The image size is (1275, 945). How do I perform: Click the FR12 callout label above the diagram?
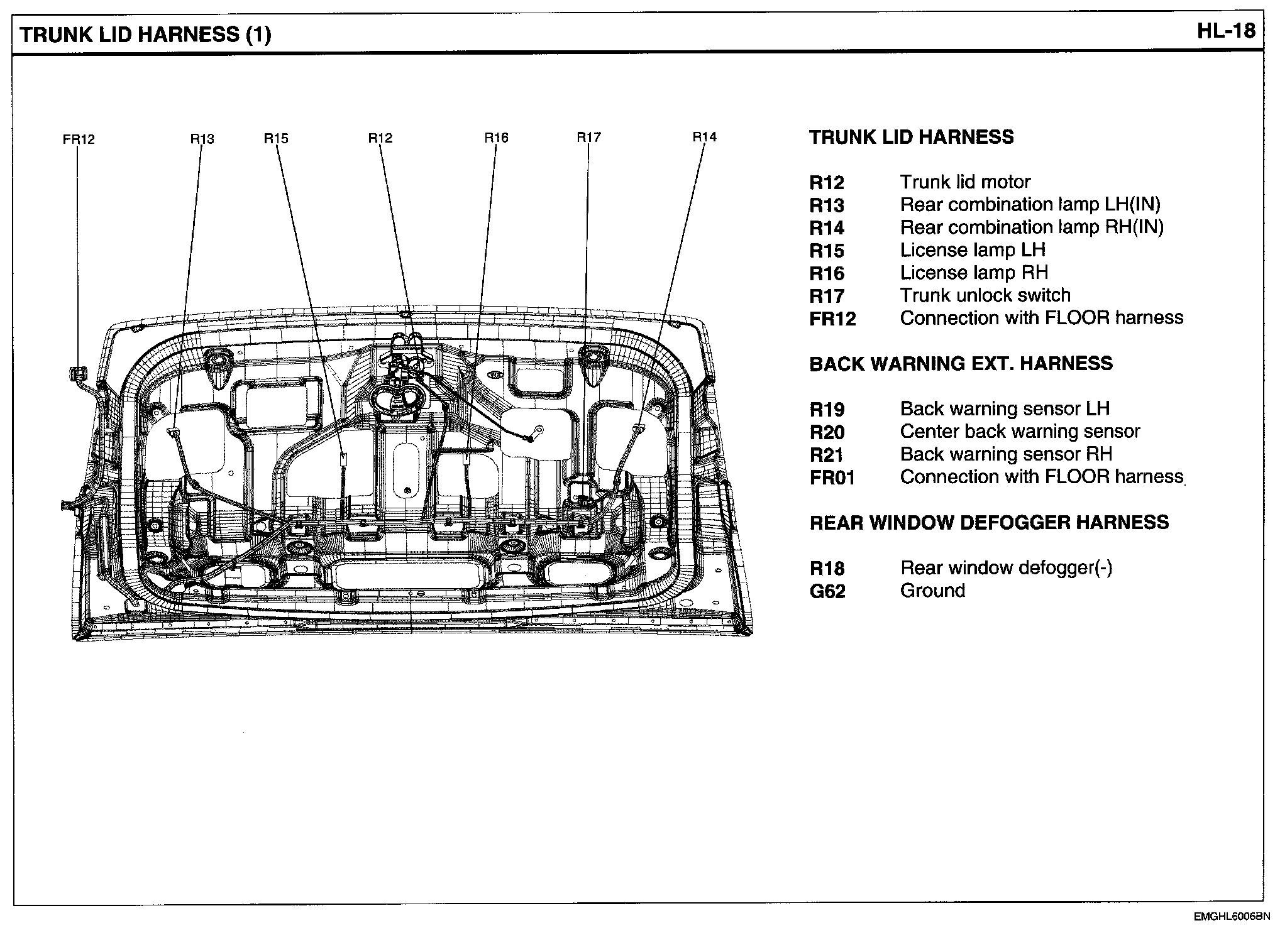[x=79, y=139]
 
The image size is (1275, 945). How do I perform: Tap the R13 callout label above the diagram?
[x=202, y=138]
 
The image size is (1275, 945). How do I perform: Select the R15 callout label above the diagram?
[x=276, y=138]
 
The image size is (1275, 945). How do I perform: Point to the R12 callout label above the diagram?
[x=380, y=138]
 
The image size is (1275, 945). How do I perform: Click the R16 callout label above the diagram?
[x=496, y=138]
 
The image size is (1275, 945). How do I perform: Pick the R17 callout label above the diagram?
[x=589, y=137]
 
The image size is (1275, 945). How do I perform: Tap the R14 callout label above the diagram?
[x=704, y=136]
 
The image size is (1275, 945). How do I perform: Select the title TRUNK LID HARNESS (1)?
[x=146, y=35]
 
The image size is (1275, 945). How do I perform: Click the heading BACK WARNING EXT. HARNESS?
[x=961, y=364]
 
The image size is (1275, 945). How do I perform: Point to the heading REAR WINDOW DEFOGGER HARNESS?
[x=989, y=523]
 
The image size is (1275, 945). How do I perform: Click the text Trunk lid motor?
[x=965, y=182]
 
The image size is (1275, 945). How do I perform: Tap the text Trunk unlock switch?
[x=985, y=295]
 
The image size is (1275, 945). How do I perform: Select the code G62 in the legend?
[x=827, y=592]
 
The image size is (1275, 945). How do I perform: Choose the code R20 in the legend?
[x=827, y=432]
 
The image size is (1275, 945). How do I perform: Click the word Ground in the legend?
[x=932, y=591]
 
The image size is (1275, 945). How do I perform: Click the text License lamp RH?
[x=974, y=273]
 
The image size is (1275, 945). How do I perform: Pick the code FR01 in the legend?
[x=832, y=478]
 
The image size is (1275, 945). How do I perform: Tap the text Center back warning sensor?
[x=1020, y=432]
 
